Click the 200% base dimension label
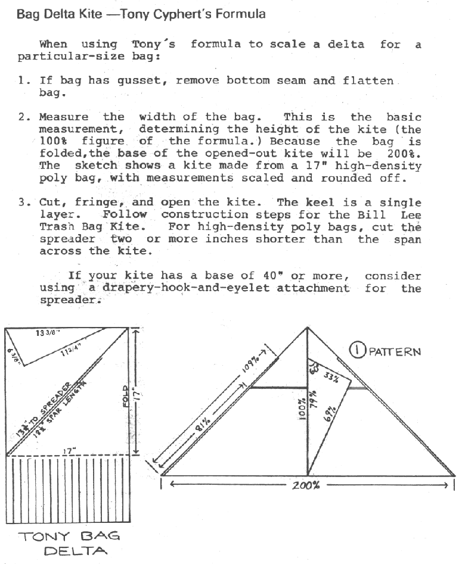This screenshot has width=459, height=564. pyautogui.click(x=306, y=485)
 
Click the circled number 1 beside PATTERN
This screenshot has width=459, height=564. pyautogui.click(x=357, y=351)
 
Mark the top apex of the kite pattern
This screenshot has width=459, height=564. pyautogui.click(x=307, y=328)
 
